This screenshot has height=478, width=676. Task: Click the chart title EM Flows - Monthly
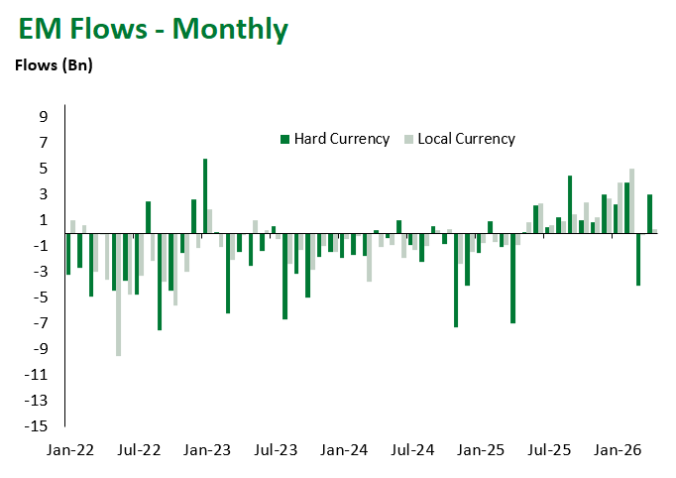pos(154,30)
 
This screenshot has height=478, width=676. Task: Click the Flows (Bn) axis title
pos(51,66)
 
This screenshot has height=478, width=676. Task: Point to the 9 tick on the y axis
pos(43,116)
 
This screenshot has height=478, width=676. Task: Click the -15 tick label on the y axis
pos(39,425)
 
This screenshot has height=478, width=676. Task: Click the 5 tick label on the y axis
pos(43,168)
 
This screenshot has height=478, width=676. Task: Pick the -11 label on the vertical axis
pos(39,374)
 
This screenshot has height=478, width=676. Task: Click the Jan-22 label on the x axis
pos(70,449)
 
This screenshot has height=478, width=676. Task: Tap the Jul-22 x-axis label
pos(139,449)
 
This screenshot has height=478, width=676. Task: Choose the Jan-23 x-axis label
pos(207,449)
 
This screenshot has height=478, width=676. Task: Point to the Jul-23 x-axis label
pos(276,449)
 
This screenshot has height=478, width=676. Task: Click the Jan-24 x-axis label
pos(344,449)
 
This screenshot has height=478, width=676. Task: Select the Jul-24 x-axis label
pos(412,449)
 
